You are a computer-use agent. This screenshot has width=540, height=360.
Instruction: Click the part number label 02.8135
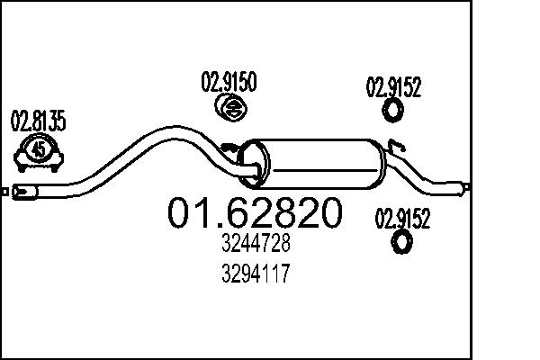tap(38, 121)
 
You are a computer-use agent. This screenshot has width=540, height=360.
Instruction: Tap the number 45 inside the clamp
tap(39, 150)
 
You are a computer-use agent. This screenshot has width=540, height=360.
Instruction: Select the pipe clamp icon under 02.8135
tap(39, 154)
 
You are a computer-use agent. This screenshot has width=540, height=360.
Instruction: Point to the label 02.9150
tap(229, 84)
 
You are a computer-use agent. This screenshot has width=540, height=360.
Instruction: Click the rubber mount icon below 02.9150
tap(231, 110)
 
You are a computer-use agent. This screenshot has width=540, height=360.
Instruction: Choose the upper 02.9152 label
tap(393, 87)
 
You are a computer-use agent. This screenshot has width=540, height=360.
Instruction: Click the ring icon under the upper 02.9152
tap(393, 112)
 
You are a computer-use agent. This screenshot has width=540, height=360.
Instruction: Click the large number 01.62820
tap(256, 212)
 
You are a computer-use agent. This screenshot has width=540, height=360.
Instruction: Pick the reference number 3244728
tap(256, 244)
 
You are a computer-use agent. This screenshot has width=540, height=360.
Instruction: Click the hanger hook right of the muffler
tap(397, 145)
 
